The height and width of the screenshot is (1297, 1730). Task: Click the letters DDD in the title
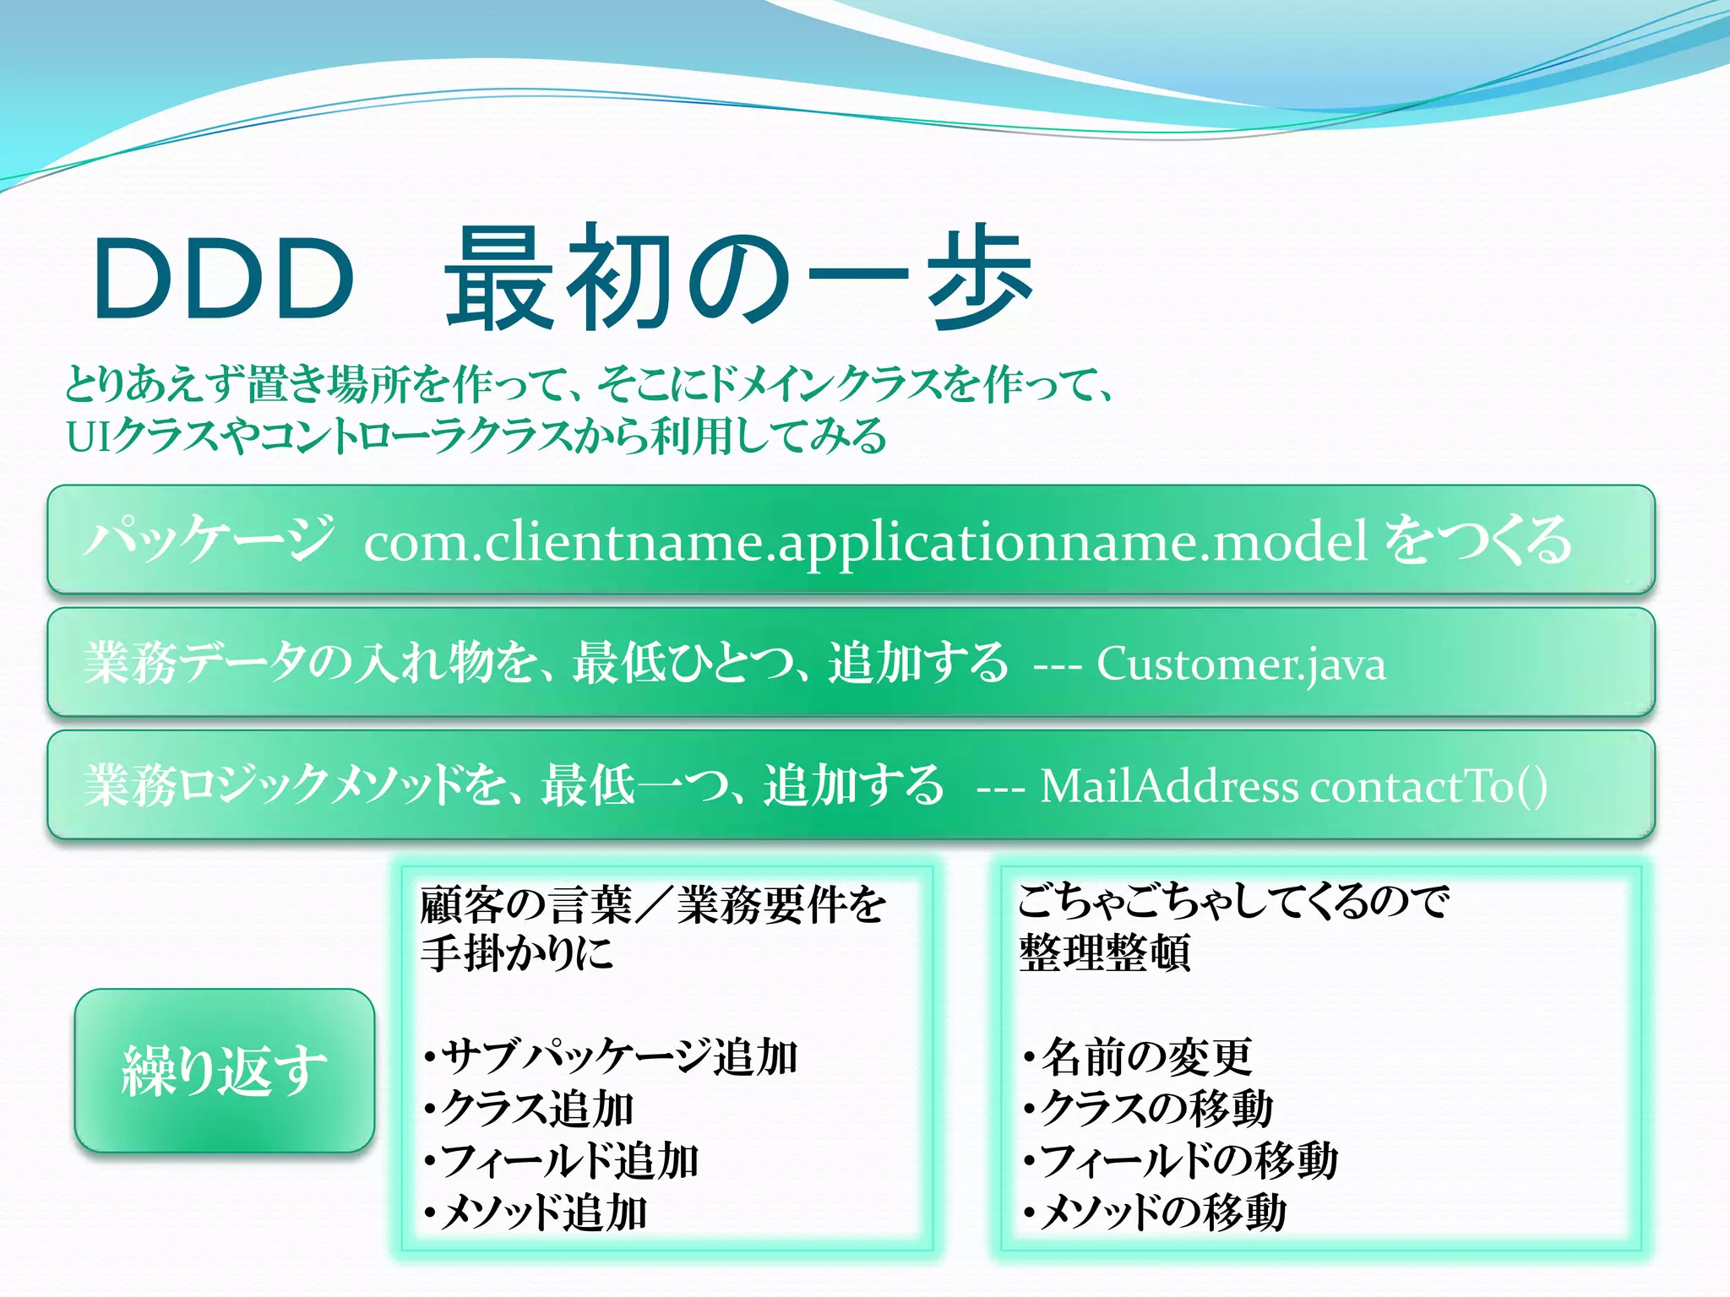(x=223, y=279)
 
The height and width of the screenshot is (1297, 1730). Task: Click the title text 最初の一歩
(x=738, y=279)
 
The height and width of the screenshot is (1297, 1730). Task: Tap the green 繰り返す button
(x=225, y=1071)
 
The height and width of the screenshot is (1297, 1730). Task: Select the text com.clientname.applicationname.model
(x=865, y=541)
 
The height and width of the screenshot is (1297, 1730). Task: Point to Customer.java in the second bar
(x=1241, y=664)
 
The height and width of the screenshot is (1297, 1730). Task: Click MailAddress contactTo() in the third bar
(x=1293, y=786)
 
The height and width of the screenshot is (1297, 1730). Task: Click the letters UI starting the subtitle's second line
(x=87, y=437)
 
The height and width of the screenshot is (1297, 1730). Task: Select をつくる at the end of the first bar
(x=1478, y=540)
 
